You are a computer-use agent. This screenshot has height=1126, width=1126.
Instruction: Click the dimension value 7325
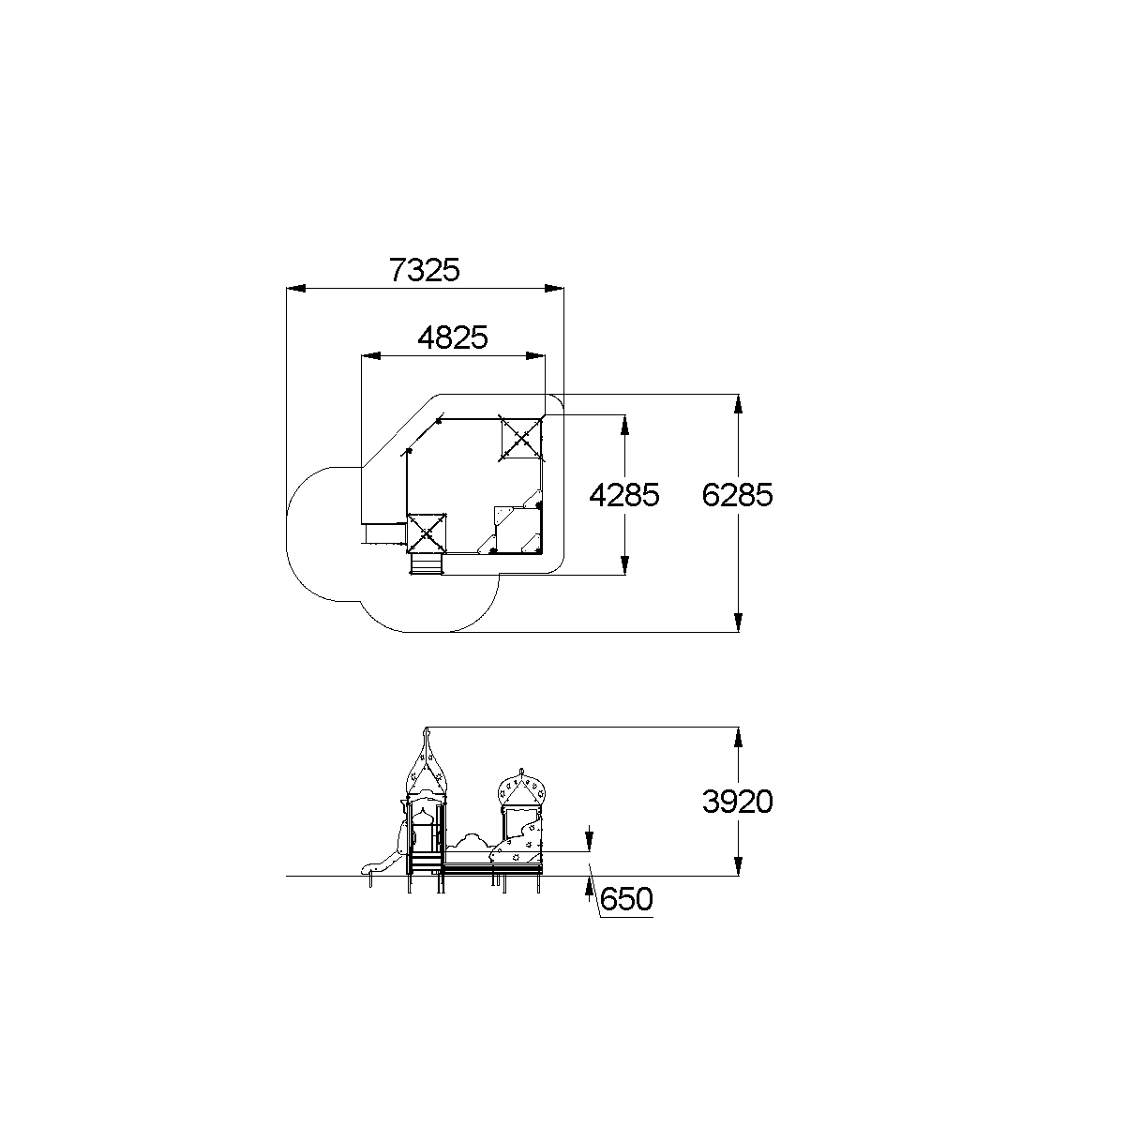(425, 270)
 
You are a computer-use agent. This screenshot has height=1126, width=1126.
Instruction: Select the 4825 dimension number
(453, 338)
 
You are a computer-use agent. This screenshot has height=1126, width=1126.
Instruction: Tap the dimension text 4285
(624, 495)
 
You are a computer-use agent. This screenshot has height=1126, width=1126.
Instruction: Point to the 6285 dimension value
(738, 495)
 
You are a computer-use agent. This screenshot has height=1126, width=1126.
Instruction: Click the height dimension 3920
(738, 801)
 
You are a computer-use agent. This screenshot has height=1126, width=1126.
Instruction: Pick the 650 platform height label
(625, 899)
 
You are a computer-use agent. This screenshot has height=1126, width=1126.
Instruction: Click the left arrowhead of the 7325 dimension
(295, 288)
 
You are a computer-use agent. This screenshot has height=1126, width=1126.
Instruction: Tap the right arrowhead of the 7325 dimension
(554, 288)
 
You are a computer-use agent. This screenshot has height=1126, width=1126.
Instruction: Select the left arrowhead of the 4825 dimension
(371, 356)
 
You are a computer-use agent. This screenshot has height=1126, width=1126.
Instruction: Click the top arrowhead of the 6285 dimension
(739, 404)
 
